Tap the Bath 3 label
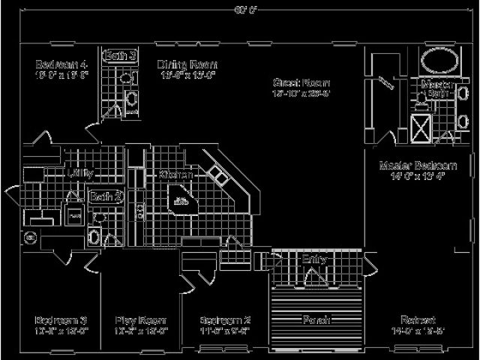pos(120,55)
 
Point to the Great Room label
pos(301,82)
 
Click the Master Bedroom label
pos(418,165)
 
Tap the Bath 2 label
pos(106,196)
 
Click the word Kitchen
pos(176,174)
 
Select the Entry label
pos(313,259)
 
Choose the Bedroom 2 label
pos(225,319)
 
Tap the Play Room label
pos(140,319)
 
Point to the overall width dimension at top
pos(240,9)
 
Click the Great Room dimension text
pos(301,94)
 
